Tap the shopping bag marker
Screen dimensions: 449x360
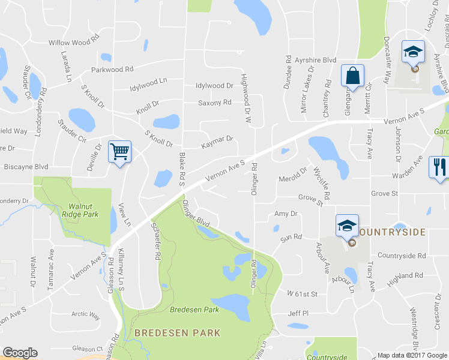[x=352, y=76]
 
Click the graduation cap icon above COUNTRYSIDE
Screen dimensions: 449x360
[x=347, y=226]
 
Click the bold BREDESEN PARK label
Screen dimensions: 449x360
[x=177, y=332]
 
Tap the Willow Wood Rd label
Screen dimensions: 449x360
[x=74, y=43]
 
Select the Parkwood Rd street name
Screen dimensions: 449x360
[x=112, y=70]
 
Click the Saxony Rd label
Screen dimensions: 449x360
[x=215, y=103]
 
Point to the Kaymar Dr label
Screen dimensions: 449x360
[x=217, y=139]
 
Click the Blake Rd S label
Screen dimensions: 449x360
[x=181, y=169]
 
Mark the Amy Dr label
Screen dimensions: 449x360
[x=286, y=214]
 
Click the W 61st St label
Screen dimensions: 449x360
[x=301, y=294]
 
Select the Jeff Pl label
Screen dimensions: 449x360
[x=298, y=313]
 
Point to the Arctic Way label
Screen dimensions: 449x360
[x=85, y=314]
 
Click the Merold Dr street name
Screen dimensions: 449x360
[x=292, y=179]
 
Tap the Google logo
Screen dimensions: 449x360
[x=20, y=353]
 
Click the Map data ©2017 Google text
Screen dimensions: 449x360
[x=412, y=355]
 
